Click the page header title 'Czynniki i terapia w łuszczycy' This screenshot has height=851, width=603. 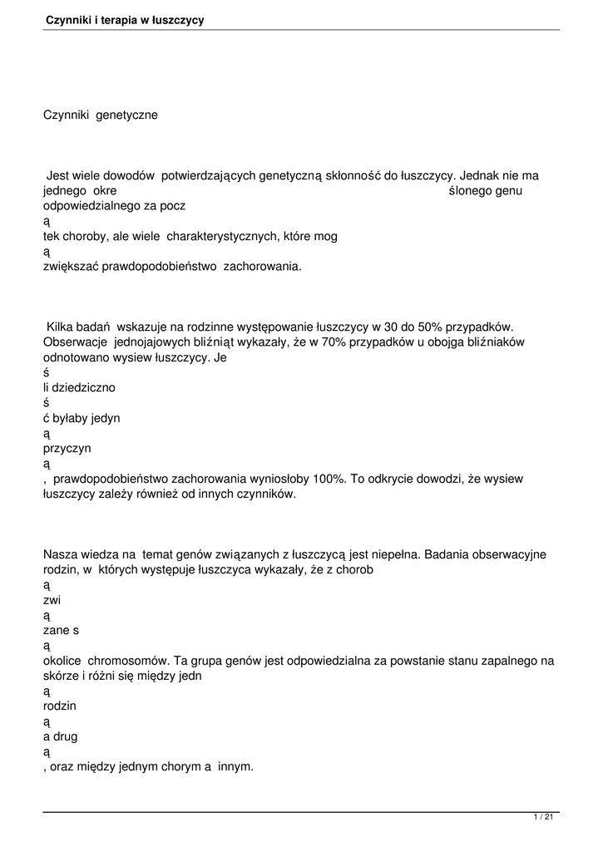click(x=125, y=19)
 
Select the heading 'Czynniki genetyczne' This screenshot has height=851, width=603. click(x=100, y=116)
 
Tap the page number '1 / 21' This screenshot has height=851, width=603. click(x=543, y=818)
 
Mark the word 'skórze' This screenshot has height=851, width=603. click(x=61, y=676)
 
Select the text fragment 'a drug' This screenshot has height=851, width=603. click(x=61, y=736)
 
